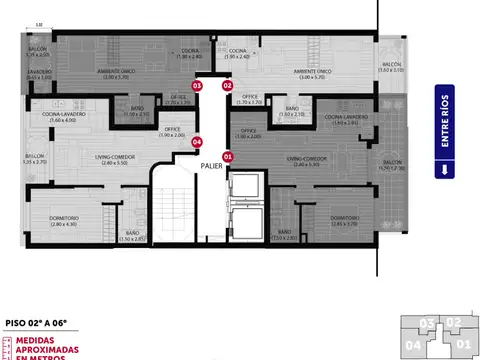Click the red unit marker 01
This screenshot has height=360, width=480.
(227, 156)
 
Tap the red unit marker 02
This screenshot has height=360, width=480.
(227, 86)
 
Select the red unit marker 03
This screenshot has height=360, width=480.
(197, 86)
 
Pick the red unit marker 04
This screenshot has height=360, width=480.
(197, 142)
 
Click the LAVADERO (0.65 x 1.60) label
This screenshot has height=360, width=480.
(39, 74)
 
